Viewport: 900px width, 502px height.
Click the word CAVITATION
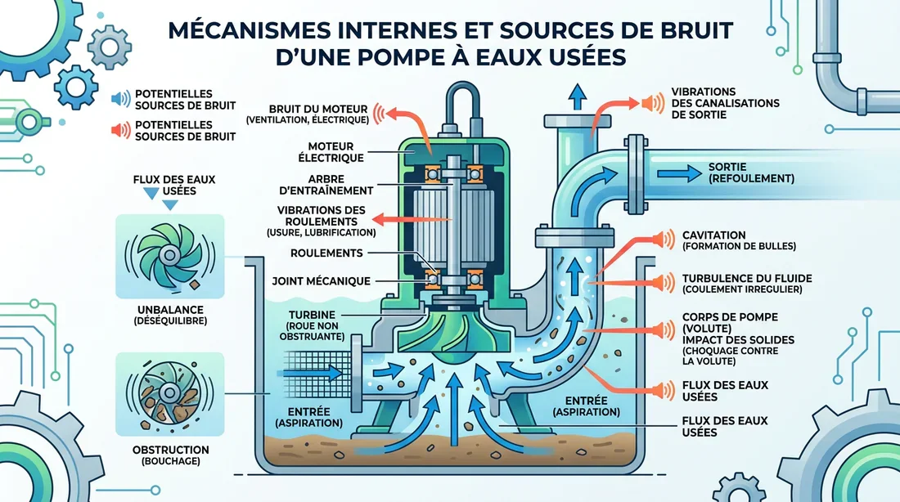click(x=713, y=235)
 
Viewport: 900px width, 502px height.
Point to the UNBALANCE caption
click(x=170, y=312)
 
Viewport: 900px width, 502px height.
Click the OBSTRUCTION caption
click(x=170, y=450)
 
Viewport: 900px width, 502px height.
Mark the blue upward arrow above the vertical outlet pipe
click(x=577, y=96)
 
